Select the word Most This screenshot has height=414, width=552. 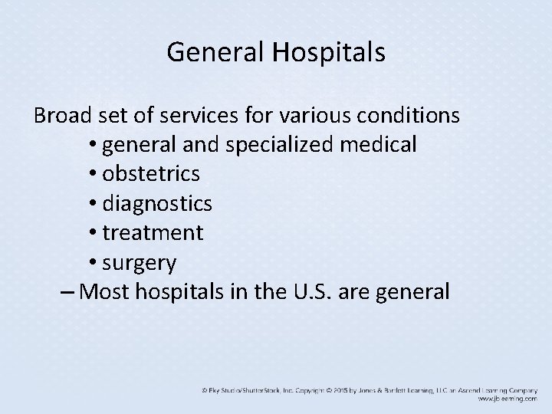[105, 291]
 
